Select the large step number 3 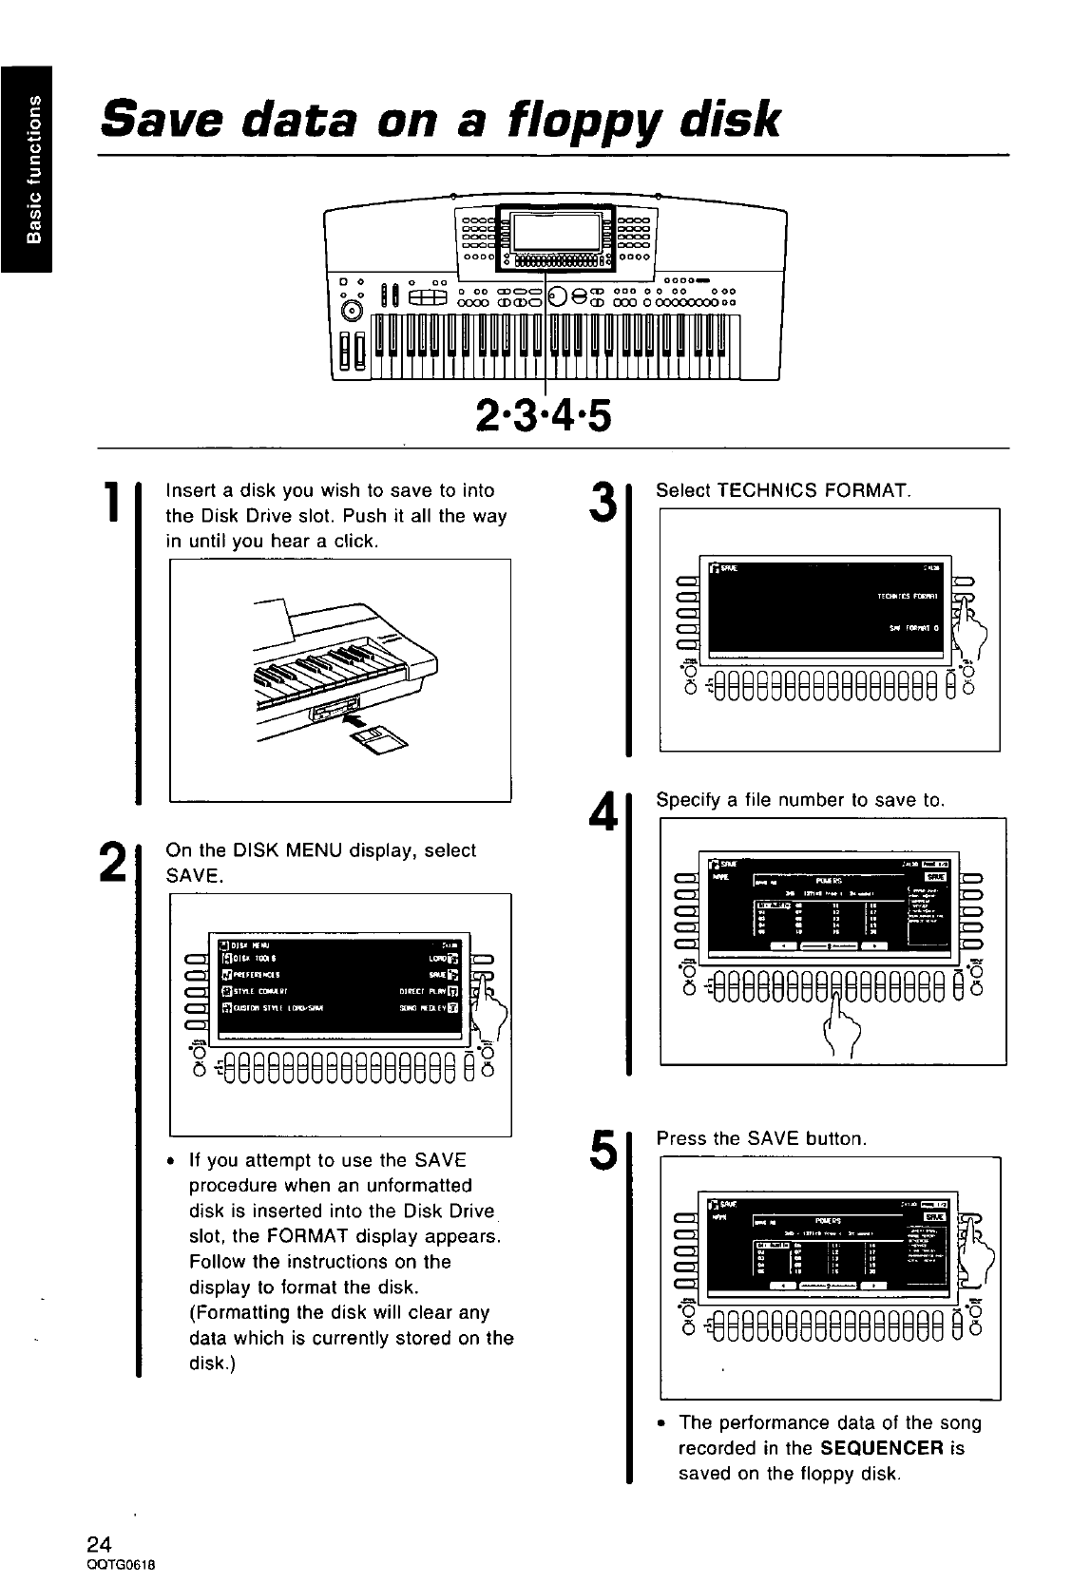(602, 503)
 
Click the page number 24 (101, 1541)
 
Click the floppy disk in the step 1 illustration (377, 736)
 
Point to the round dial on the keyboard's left (352, 309)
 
